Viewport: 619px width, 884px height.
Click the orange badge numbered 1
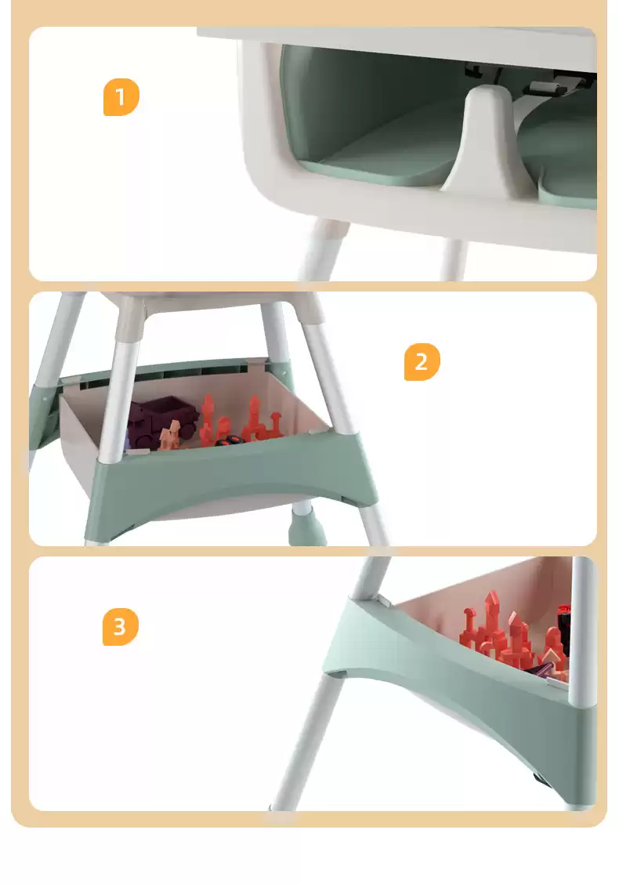(121, 97)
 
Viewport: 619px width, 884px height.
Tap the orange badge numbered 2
(422, 362)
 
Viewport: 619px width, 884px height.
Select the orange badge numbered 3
(120, 626)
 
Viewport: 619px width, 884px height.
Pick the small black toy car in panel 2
(228, 440)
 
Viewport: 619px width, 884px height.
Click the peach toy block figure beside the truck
(169, 435)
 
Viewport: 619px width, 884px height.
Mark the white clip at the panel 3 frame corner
(383, 601)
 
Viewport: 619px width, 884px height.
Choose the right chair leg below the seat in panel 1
(453, 259)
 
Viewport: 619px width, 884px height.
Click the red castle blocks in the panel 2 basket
(241, 420)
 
